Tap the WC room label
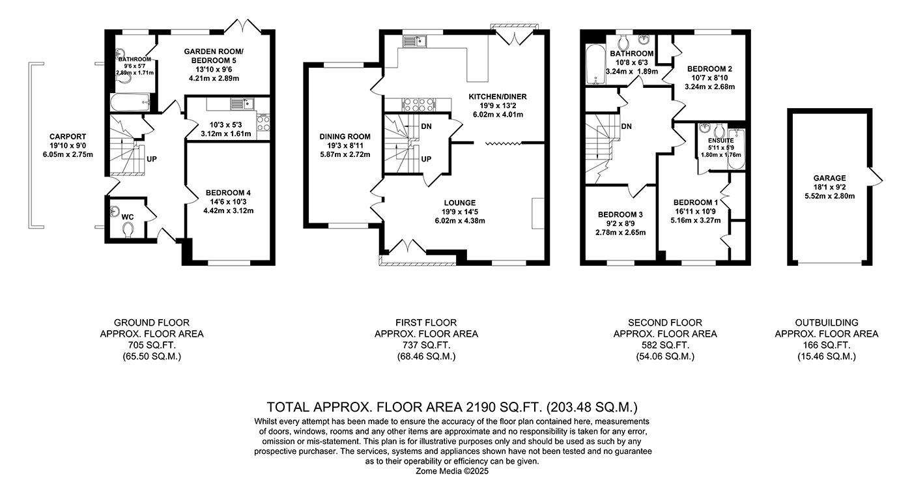click(127, 216)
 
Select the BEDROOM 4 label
click(228, 193)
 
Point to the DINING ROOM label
click(345, 137)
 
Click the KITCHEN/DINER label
click(498, 96)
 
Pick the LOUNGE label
click(461, 203)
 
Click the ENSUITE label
click(720, 140)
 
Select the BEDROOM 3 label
click(620, 214)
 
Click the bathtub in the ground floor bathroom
click(130, 102)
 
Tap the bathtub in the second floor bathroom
click(595, 65)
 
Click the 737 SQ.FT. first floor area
click(426, 345)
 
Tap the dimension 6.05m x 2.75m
click(64, 155)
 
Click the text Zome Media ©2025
click(451, 471)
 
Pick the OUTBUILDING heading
click(826, 322)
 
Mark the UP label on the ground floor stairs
click(152, 159)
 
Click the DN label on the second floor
click(627, 126)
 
